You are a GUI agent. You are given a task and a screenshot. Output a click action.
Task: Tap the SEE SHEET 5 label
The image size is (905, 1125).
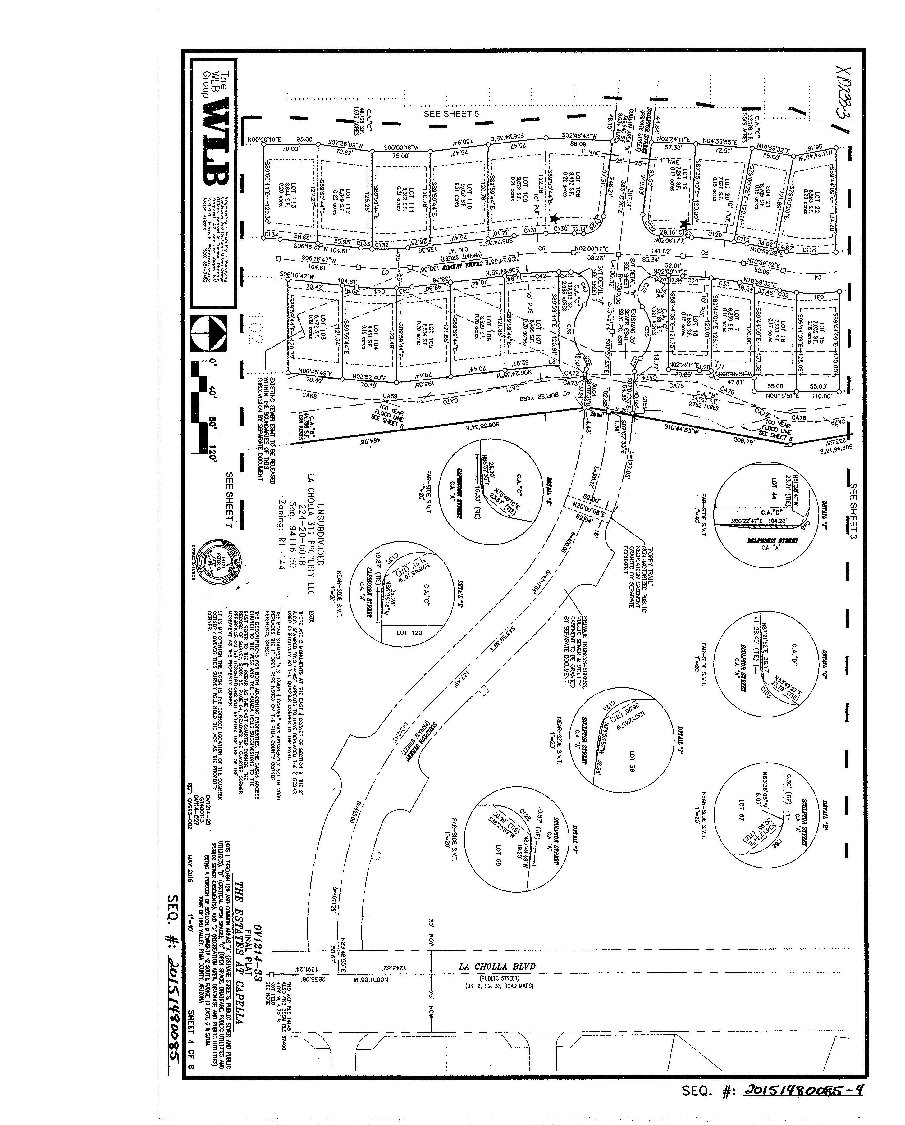451,114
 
